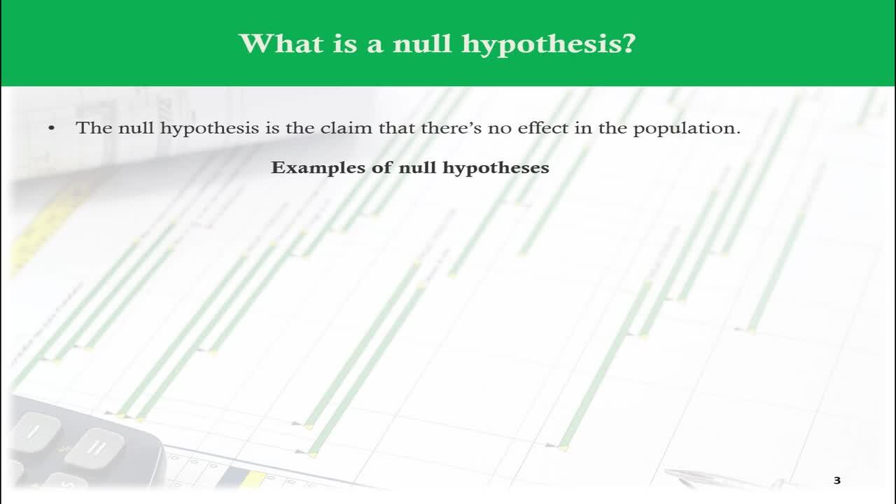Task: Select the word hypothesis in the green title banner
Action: [539, 45]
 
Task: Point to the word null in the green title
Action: [422, 43]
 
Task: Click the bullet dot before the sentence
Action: [51, 128]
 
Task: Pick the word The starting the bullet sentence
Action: [94, 127]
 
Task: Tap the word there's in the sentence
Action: [451, 127]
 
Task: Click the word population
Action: [687, 129]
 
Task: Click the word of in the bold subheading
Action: [382, 167]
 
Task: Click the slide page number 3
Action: [837, 480]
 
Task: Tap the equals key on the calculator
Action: [94, 448]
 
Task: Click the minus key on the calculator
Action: [35, 432]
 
